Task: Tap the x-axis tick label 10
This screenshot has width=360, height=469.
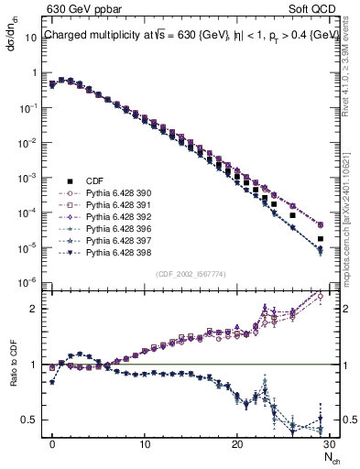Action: click(x=145, y=444)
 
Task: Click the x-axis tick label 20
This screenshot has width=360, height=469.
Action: click(x=237, y=444)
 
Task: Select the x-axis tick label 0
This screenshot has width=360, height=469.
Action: click(x=52, y=444)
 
